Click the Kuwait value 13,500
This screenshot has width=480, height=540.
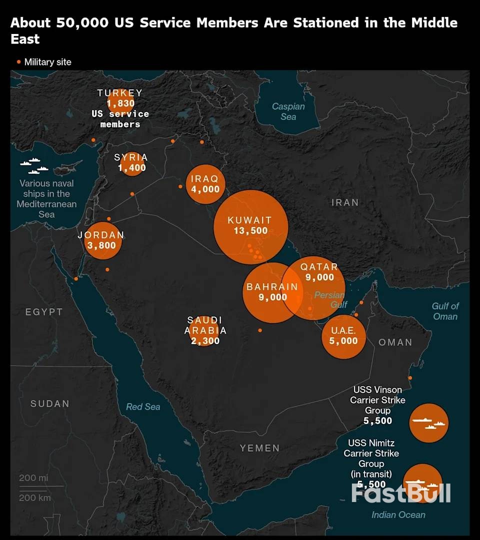click(x=250, y=231)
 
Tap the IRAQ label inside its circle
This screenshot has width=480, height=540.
click(x=205, y=179)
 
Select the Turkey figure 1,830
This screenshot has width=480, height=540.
click(x=120, y=103)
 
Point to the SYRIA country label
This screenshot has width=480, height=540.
click(x=131, y=157)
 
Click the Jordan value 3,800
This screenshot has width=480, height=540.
click(x=101, y=245)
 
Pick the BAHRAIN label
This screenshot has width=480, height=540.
click(x=272, y=287)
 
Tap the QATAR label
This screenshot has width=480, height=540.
click(x=319, y=267)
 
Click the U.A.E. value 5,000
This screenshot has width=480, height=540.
click(x=343, y=341)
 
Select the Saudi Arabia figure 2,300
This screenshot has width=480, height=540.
click(x=205, y=341)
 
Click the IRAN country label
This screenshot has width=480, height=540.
click(x=345, y=202)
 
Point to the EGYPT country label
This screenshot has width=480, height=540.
click(x=44, y=312)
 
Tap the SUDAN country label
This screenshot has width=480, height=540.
click(x=50, y=404)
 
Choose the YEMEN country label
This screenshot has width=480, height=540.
click(x=259, y=448)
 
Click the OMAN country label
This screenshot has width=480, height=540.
click(x=395, y=342)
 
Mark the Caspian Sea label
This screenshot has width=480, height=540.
click(x=288, y=111)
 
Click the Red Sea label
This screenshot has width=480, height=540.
click(x=143, y=407)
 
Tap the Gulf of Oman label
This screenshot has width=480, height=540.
click(x=445, y=311)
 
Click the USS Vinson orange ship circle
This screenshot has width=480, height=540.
click(x=428, y=423)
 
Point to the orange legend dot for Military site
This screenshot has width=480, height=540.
click(x=19, y=62)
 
